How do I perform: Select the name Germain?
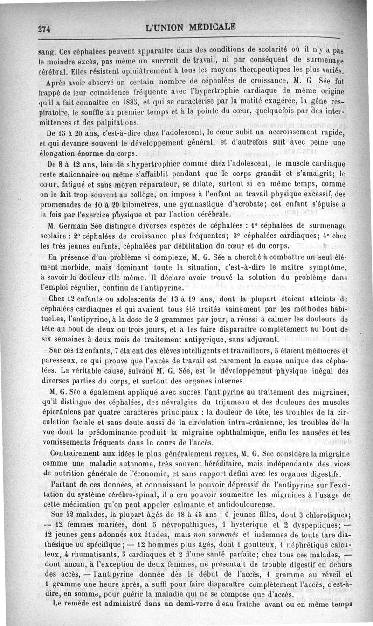pos(78,226)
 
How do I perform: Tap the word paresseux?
pos(59,360)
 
